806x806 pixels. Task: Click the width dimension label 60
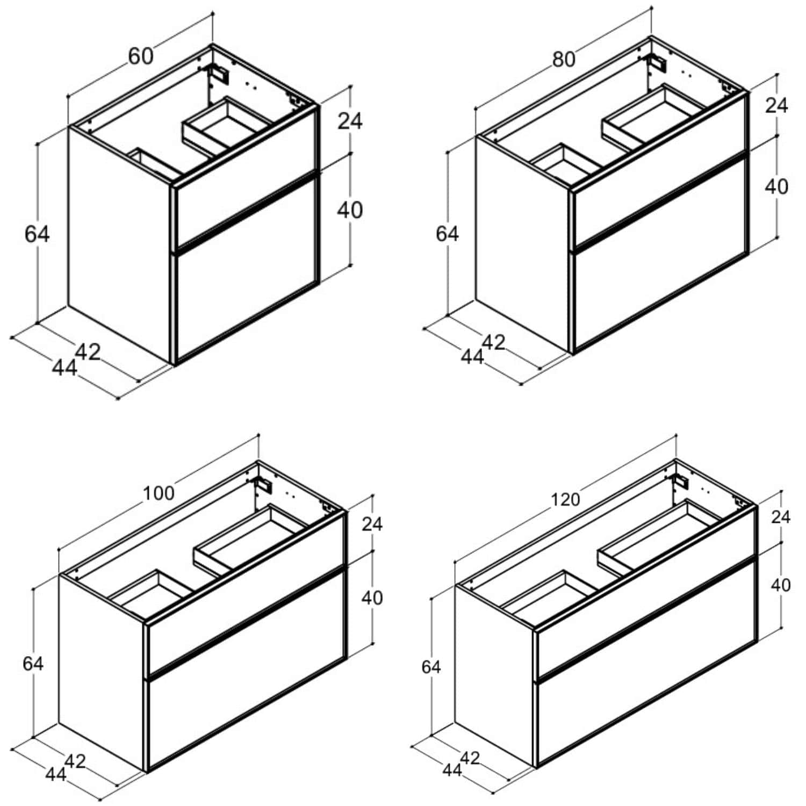(141, 56)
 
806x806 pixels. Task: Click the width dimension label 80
(564, 59)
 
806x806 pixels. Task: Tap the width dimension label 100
(159, 493)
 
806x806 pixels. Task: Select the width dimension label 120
(565, 500)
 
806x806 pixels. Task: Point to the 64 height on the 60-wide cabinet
(37, 234)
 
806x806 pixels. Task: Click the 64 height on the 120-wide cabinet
(431, 667)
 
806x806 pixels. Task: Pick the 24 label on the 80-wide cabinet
(776, 105)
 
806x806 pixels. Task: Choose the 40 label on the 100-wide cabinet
(372, 598)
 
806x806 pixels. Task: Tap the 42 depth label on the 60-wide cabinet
(88, 352)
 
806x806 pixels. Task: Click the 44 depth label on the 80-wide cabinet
(472, 356)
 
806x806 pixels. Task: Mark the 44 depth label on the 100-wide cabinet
(56, 774)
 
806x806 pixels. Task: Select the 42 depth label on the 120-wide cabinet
(470, 758)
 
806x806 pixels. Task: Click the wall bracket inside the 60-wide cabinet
(220, 74)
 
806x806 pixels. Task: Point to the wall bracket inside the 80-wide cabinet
(657, 62)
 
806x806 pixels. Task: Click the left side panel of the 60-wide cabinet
(120, 244)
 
